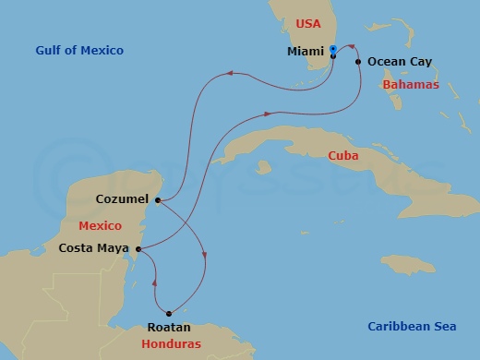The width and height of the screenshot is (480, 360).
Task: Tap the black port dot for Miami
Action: coord(333,56)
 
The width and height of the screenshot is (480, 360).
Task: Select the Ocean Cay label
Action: coord(400,62)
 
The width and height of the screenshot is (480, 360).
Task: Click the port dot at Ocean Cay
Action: coord(359,62)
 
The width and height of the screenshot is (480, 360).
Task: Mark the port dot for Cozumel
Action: coord(160,200)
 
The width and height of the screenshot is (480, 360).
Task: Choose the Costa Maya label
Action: coord(94,247)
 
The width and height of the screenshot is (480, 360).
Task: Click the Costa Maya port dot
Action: coord(138,248)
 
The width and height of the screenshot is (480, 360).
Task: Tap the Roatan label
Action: coord(169,328)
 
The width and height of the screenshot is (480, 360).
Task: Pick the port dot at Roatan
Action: coord(169,313)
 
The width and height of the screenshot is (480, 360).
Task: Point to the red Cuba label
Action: coord(343,156)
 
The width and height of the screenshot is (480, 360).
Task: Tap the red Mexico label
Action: coord(100,225)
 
